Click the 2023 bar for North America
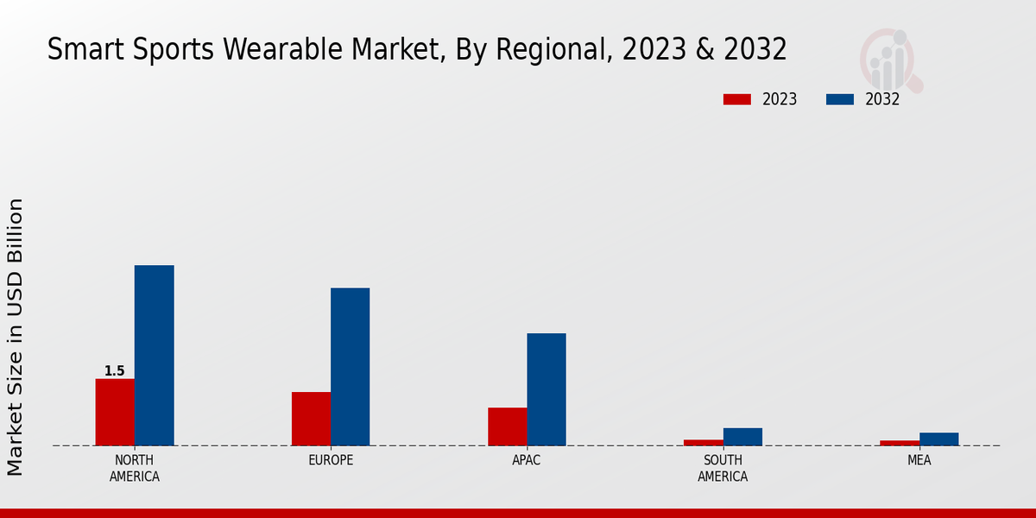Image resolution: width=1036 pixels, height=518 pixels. (x=115, y=412)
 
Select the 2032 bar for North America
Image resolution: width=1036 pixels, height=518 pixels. (x=154, y=355)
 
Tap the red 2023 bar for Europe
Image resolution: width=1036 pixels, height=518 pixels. (x=311, y=419)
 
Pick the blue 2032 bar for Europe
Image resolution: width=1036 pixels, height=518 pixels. (x=350, y=366)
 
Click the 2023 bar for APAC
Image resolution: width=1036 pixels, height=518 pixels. (x=507, y=426)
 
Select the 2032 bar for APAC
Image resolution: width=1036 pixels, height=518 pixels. (x=546, y=389)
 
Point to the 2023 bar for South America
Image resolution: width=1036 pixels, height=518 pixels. (x=704, y=442)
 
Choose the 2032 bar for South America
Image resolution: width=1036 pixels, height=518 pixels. (x=742, y=437)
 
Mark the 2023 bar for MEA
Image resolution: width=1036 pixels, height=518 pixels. (x=900, y=443)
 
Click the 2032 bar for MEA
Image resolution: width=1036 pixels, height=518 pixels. (x=938, y=439)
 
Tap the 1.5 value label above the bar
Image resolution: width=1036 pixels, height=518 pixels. (x=115, y=371)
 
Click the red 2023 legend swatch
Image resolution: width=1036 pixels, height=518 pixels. (x=737, y=99)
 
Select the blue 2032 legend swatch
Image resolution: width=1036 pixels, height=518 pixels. (x=839, y=99)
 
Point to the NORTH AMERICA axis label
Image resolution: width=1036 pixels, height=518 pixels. (x=135, y=468)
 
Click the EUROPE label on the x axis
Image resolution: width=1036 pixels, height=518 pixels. (x=331, y=460)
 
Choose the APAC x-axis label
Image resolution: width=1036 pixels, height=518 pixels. (x=527, y=460)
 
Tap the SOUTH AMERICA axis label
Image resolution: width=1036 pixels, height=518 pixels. (x=723, y=468)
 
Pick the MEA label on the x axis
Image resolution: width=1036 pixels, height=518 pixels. (x=919, y=460)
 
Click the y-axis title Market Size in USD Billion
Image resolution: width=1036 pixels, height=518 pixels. (x=16, y=337)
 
